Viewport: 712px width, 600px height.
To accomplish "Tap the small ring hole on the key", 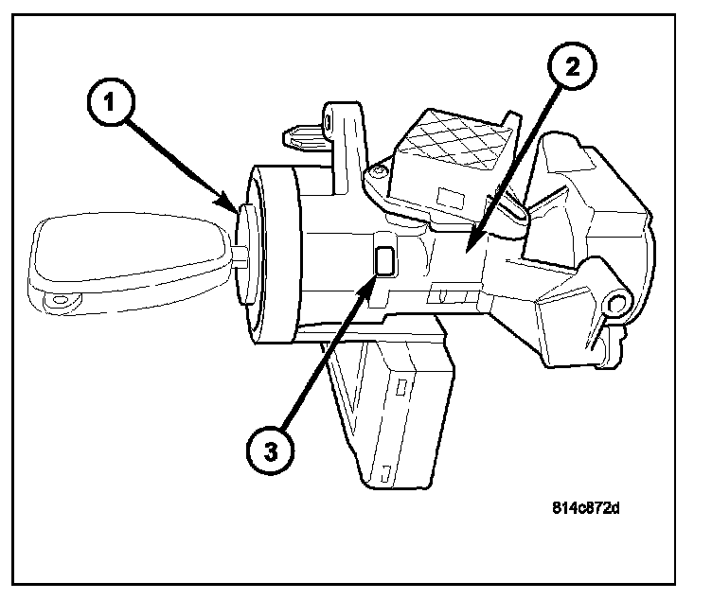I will pyautogui.click(x=61, y=303).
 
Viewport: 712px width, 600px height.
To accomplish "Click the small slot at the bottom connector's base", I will pyautogui.click(x=385, y=468).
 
